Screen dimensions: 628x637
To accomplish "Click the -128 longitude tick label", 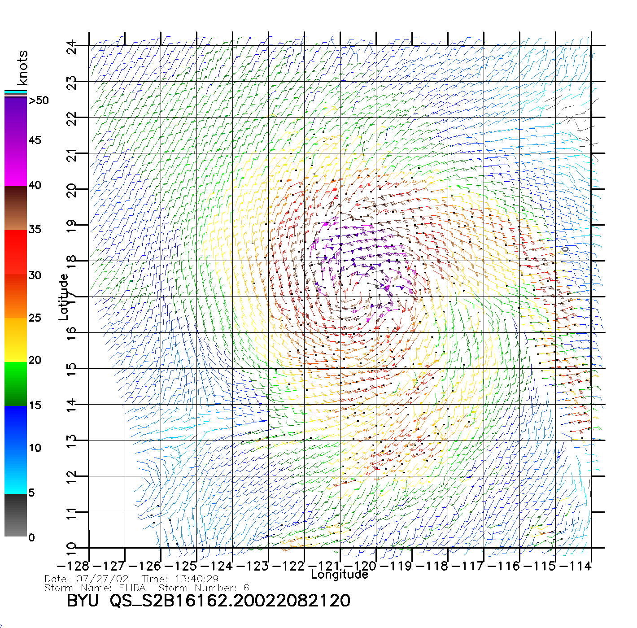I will (x=74, y=566).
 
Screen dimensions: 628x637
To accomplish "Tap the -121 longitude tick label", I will (x=325, y=566).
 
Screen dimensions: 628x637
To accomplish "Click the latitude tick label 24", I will (x=72, y=47).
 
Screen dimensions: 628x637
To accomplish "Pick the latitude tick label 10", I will (x=72, y=549).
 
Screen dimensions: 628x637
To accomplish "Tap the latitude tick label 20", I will (x=72, y=191).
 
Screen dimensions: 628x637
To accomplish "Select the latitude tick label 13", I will (x=72, y=441).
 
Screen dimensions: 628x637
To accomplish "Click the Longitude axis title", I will (x=340, y=575).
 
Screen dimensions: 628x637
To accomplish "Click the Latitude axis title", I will (x=64, y=297).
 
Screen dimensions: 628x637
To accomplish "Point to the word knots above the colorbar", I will (x=22, y=68).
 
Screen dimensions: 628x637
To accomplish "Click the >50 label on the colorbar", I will (x=39, y=100).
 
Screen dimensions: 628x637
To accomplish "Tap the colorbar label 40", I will (x=35, y=185).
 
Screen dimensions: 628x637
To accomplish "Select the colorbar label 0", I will (x=31, y=538).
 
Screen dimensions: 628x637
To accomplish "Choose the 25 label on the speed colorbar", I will (x=35, y=318).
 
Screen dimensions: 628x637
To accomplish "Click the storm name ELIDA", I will (x=132, y=588).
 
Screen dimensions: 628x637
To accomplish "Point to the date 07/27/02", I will (x=103, y=579).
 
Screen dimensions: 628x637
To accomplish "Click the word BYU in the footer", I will (x=83, y=601).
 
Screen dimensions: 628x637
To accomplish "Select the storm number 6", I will (x=246, y=588).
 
